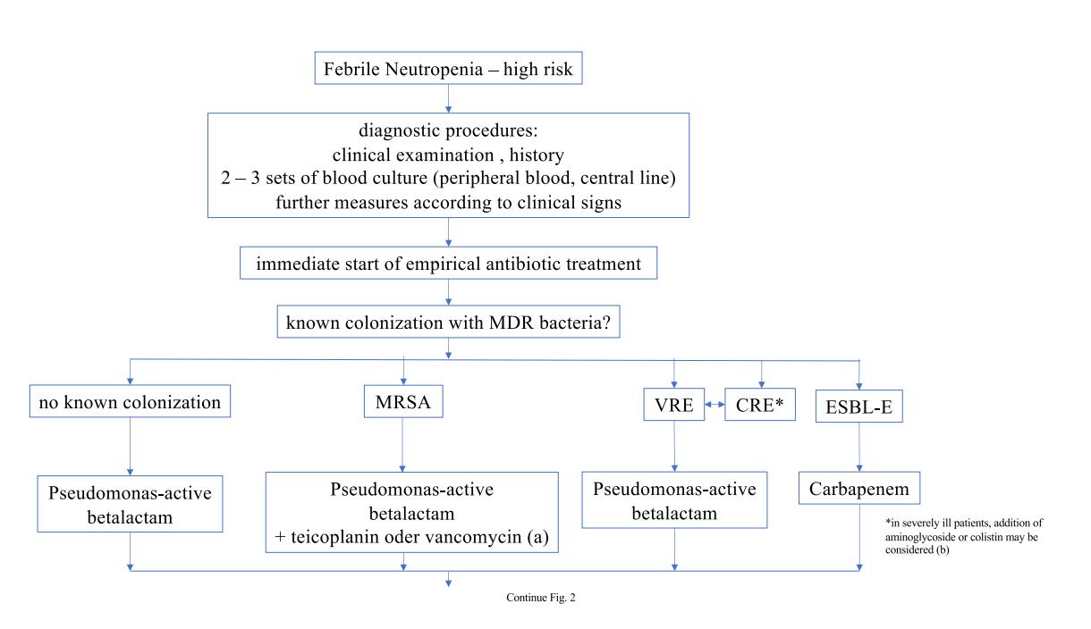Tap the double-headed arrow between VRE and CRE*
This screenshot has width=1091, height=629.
[x=715, y=404]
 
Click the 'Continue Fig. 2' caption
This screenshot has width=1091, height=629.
[x=541, y=598]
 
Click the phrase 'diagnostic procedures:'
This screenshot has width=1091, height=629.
[x=448, y=130]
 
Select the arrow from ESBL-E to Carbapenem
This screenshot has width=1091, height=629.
[x=859, y=447]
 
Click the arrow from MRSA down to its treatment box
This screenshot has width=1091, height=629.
[x=402, y=445]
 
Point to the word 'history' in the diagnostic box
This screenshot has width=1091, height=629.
[x=537, y=155]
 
